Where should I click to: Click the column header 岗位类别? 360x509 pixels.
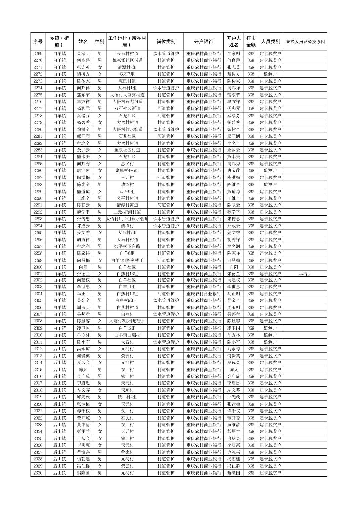tap(166, 42)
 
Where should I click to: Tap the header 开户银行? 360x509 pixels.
tap(203, 42)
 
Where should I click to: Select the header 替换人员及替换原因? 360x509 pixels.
tap(305, 42)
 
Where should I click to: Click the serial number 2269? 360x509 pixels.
tap(38, 54)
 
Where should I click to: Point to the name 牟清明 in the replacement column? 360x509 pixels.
tap(305, 274)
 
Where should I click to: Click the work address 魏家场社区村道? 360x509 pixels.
tap(127, 60)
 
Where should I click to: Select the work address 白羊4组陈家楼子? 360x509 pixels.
tap(127, 260)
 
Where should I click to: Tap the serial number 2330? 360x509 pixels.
tap(38, 473)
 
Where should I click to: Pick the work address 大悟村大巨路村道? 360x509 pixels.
tap(127, 95)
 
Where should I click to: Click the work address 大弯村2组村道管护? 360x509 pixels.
tap(127, 321)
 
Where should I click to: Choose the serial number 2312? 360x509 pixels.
tap(38, 349)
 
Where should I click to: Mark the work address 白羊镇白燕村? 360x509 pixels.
tap(127, 335)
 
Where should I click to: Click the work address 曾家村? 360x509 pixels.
tap(127, 452)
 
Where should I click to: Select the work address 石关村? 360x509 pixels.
tap(127, 418)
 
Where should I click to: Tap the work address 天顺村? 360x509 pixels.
tap(127, 390)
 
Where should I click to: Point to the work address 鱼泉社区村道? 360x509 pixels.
tap(127, 150)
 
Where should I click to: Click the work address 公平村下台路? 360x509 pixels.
tap(127, 246)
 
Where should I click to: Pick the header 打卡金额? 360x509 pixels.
tap(251, 42)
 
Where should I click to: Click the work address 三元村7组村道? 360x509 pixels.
tap(127, 212)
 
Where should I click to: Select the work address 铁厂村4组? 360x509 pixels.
tap(127, 397)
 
